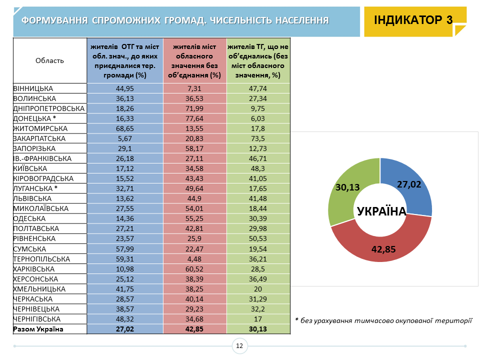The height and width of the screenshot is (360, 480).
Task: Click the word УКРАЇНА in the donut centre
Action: click(x=381, y=211)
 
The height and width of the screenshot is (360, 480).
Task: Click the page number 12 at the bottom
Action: click(x=239, y=346)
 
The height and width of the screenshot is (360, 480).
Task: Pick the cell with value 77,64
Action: click(x=195, y=118)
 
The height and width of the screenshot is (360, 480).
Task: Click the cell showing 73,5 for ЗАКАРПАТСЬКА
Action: click(x=258, y=138)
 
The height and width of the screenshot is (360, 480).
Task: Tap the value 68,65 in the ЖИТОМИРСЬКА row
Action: click(x=125, y=128)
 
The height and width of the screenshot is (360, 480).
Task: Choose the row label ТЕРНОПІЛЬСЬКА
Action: click(x=41, y=259)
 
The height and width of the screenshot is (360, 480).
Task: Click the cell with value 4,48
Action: click(x=195, y=259)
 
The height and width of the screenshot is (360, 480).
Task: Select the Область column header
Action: click(x=50, y=61)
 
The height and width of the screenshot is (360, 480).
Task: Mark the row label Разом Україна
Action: click(x=38, y=329)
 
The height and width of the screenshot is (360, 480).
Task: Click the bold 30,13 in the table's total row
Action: click(x=258, y=329)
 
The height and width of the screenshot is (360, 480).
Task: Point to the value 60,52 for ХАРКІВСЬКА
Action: click(x=195, y=269)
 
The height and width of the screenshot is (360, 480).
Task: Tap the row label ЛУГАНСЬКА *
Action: click(x=36, y=188)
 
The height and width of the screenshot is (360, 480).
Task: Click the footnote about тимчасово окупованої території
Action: click(x=383, y=320)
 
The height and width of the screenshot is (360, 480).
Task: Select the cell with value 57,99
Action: click(x=125, y=249)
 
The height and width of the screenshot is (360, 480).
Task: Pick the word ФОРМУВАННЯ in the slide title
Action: click(x=54, y=20)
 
